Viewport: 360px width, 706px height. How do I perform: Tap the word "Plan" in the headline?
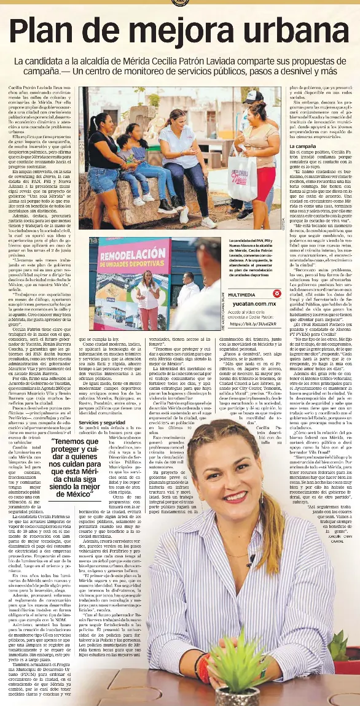tap(45, 32)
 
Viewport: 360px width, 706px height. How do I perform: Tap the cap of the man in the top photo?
tap(253, 96)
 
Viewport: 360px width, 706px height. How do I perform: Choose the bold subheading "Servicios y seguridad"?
tap(103, 422)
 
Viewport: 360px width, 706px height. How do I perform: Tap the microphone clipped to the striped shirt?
tap(251, 560)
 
